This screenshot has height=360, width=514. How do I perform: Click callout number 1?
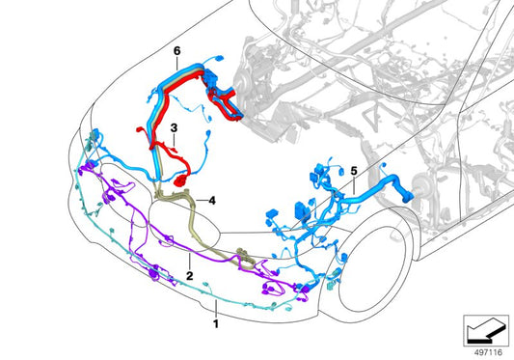(216, 312)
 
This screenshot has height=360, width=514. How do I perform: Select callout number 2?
(190, 276)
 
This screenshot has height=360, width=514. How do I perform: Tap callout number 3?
(173, 126)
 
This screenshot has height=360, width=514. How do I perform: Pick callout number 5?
(354, 171)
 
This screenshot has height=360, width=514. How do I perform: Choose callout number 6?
(176, 49)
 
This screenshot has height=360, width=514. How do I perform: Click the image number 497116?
(484, 350)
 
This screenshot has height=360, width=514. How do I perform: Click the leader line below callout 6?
(176, 62)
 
